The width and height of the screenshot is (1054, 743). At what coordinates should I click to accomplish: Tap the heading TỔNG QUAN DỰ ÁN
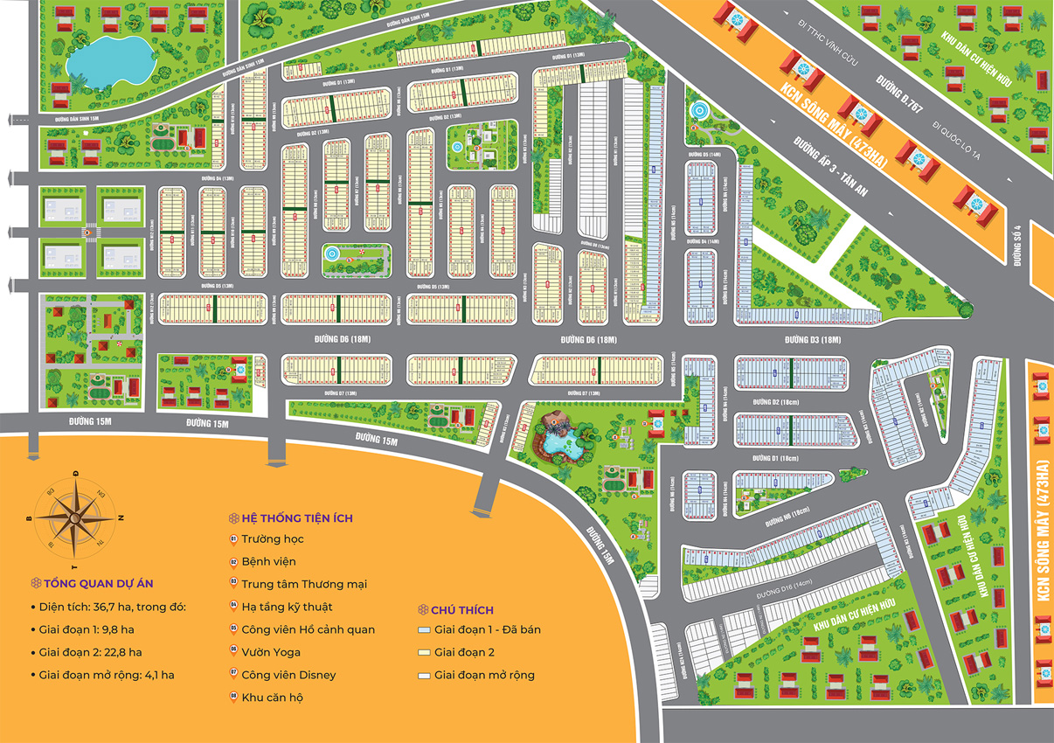tap(101, 583)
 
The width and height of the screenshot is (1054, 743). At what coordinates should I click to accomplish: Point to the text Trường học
tap(273, 538)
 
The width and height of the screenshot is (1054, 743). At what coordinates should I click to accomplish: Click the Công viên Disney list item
tap(288, 675)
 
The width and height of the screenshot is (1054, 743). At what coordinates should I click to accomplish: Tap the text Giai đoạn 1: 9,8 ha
tap(86, 629)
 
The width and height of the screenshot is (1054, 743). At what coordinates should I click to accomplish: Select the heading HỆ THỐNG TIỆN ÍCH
tap(297, 517)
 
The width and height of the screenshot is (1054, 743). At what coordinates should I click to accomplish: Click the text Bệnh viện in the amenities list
tap(268, 561)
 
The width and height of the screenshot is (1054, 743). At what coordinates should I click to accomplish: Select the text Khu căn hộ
tap(273, 698)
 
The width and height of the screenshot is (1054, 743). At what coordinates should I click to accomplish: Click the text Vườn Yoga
tap(271, 652)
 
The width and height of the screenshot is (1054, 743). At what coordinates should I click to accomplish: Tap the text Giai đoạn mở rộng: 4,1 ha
tap(107, 675)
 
